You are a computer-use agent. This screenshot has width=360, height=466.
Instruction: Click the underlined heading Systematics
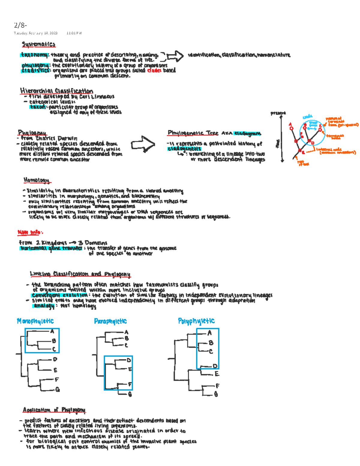click(x=38, y=44)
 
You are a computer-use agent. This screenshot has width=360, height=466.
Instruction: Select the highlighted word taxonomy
click(x=34, y=55)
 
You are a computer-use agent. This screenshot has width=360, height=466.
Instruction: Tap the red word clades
click(x=154, y=71)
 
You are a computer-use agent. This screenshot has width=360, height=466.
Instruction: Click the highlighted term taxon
click(x=38, y=107)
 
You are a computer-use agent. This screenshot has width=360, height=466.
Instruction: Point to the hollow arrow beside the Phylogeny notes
click(x=143, y=143)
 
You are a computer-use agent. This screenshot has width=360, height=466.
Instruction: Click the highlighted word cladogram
click(x=247, y=133)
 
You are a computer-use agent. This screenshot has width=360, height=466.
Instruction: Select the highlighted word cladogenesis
click(x=184, y=149)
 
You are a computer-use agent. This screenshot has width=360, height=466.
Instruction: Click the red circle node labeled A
click(x=291, y=128)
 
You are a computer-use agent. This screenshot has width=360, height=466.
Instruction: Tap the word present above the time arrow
click(x=278, y=113)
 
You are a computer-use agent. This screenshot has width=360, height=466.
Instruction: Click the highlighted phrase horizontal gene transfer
click(x=51, y=248)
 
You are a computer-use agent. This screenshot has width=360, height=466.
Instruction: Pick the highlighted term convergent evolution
click(x=59, y=295)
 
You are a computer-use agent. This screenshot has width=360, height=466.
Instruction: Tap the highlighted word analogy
click(x=44, y=306)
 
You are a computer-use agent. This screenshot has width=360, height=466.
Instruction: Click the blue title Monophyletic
click(x=35, y=321)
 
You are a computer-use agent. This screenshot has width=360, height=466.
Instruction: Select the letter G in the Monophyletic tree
click(x=58, y=389)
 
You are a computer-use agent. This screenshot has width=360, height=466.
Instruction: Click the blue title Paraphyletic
click(x=110, y=321)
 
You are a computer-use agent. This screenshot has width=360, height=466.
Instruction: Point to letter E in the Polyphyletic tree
click(x=217, y=374)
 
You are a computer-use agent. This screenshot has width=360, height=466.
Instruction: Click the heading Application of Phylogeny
click(x=54, y=410)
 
